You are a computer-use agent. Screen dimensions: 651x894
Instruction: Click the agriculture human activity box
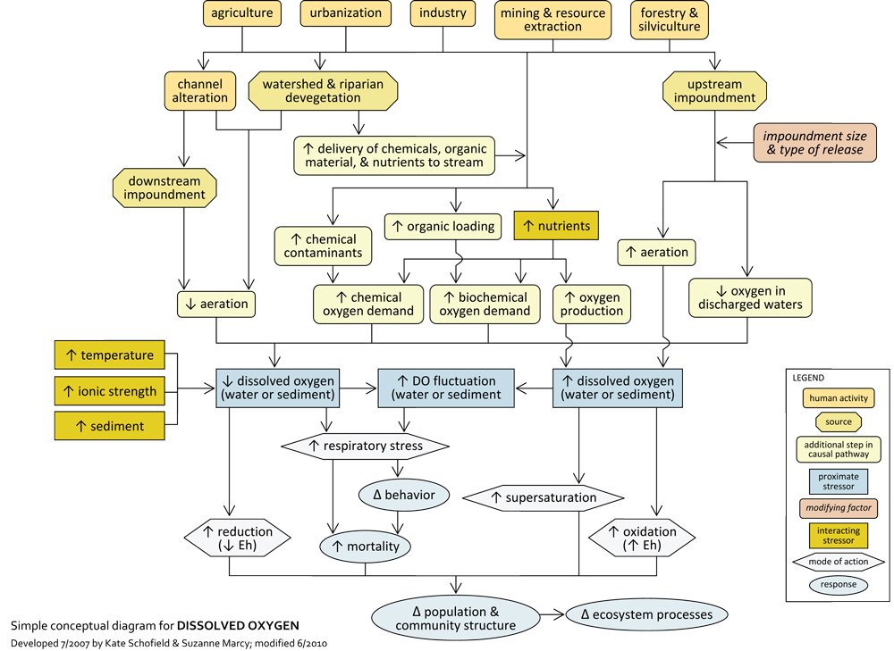[x=242, y=13]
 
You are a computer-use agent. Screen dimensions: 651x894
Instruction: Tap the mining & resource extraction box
[x=552, y=20]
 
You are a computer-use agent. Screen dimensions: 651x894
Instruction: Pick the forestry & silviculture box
[x=670, y=20]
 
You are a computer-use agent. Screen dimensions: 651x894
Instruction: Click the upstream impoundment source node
[x=713, y=90]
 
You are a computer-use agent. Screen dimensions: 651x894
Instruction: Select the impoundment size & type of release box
[x=813, y=143]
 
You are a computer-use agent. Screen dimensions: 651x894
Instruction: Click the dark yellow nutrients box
[x=555, y=226]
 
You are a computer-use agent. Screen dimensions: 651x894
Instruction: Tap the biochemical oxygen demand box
[x=485, y=304]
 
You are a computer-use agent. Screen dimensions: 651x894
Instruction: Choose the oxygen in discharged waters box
[x=750, y=296]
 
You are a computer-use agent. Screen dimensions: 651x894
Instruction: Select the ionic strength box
[x=110, y=391]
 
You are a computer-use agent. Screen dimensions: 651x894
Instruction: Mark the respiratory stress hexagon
[x=365, y=445]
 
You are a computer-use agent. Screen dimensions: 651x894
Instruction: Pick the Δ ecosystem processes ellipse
[x=646, y=614]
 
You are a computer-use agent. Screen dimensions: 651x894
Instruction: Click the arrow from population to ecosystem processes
[x=552, y=615]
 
